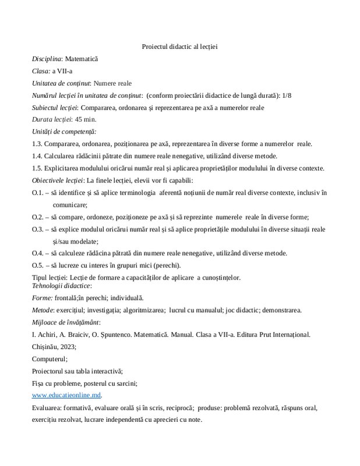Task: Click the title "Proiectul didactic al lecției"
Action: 179,47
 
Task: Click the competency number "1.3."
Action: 38,144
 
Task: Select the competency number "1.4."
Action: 38,156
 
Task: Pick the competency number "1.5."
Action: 38,168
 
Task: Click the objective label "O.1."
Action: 38,193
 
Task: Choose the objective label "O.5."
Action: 38,266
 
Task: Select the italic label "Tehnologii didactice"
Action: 61,285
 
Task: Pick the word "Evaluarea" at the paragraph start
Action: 48,408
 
